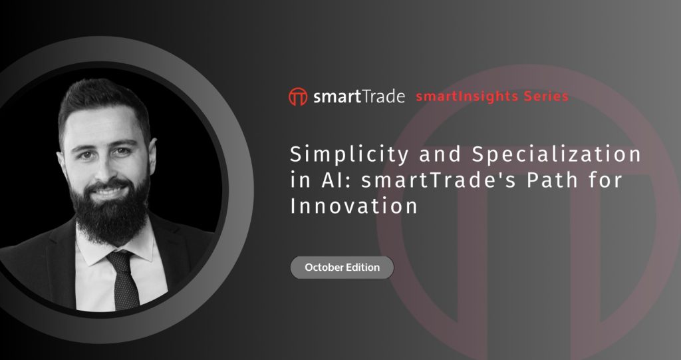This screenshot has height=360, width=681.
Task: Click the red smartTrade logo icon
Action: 298,96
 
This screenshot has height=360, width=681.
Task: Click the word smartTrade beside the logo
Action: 358,96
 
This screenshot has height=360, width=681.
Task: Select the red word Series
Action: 546,96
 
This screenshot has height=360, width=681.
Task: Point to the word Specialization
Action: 557,154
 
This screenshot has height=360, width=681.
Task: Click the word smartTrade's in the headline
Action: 439,180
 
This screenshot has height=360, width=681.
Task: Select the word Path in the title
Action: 553,179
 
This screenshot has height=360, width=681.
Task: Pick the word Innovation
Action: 354,206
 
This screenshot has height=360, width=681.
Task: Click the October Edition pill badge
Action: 342,268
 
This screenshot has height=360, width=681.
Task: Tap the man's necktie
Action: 123,280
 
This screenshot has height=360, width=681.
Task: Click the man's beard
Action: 110,211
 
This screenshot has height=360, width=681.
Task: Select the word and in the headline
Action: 440,154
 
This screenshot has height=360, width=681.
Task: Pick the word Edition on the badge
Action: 362,268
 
